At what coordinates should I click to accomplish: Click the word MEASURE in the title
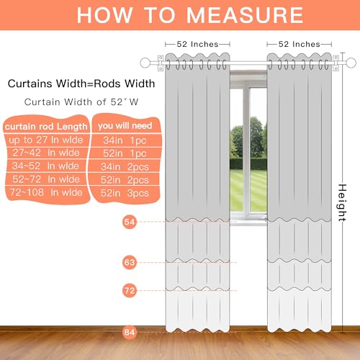click(x=245, y=15)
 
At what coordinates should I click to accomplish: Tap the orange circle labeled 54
click(x=130, y=222)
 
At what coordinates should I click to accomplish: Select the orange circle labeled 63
click(x=130, y=262)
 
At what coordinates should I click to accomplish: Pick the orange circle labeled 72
click(x=130, y=291)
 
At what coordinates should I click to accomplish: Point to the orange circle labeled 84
click(x=130, y=333)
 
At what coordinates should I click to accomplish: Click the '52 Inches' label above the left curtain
click(x=197, y=44)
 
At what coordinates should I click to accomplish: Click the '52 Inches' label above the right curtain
click(x=300, y=44)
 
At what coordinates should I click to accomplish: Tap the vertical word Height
click(x=343, y=203)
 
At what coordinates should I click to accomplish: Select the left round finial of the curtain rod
click(x=145, y=63)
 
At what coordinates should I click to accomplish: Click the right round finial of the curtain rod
click(x=351, y=63)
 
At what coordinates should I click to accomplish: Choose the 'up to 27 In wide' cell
click(x=46, y=140)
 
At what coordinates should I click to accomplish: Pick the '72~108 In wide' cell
click(x=46, y=192)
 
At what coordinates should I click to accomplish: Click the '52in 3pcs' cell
click(x=125, y=193)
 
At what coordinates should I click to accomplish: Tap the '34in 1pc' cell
click(x=125, y=140)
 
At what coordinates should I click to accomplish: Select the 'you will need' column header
click(x=125, y=125)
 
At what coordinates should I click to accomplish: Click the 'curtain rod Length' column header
click(x=46, y=127)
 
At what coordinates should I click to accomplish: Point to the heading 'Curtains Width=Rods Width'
click(x=81, y=84)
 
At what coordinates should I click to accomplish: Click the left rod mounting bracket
click(x=161, y=63)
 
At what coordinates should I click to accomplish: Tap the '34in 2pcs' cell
click(x=125, y=167)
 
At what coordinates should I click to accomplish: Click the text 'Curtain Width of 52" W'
click(x=81, y=102)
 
